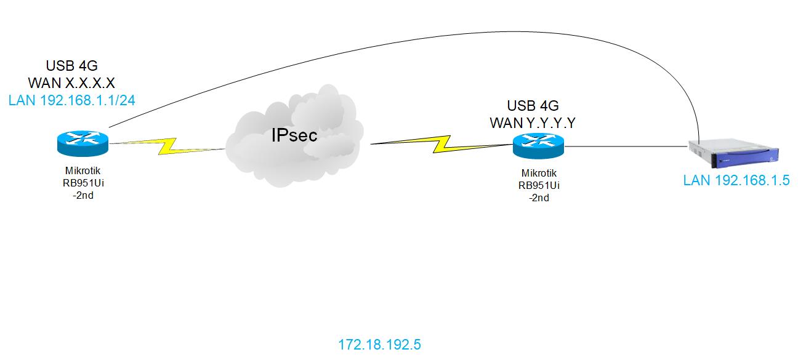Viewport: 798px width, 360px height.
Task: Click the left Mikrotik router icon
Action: [81, 143]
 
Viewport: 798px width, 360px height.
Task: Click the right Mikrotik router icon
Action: [537, 147]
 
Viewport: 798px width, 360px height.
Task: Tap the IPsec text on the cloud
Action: [294, 135]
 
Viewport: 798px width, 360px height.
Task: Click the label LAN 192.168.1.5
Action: [736, 182]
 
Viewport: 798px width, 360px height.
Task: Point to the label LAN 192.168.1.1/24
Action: [72, 100]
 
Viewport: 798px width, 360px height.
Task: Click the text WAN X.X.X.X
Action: [72, 82]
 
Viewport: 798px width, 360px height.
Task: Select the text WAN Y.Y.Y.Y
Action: [533, 122]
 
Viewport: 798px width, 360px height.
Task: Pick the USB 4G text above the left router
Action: [72, 66]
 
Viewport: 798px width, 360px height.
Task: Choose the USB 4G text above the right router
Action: [533, 106]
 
